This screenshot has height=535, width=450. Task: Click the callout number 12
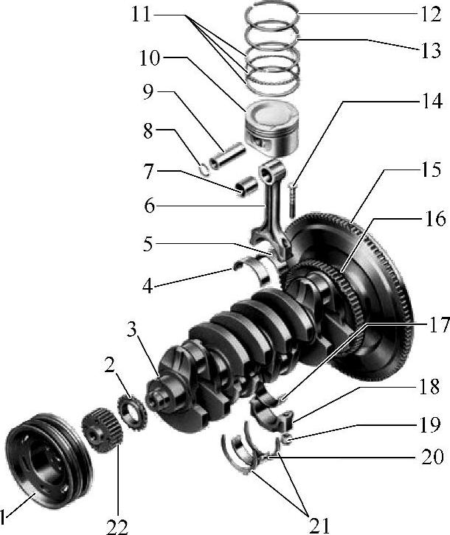(431, 14)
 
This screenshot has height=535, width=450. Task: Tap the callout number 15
(432, 169)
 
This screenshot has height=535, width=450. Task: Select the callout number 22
(117, 525)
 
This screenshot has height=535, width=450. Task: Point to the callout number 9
(148, 92)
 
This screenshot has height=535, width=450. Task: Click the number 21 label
(319, 525)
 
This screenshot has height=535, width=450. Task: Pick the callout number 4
(148, 286)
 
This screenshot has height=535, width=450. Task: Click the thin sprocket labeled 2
(132, 412)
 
